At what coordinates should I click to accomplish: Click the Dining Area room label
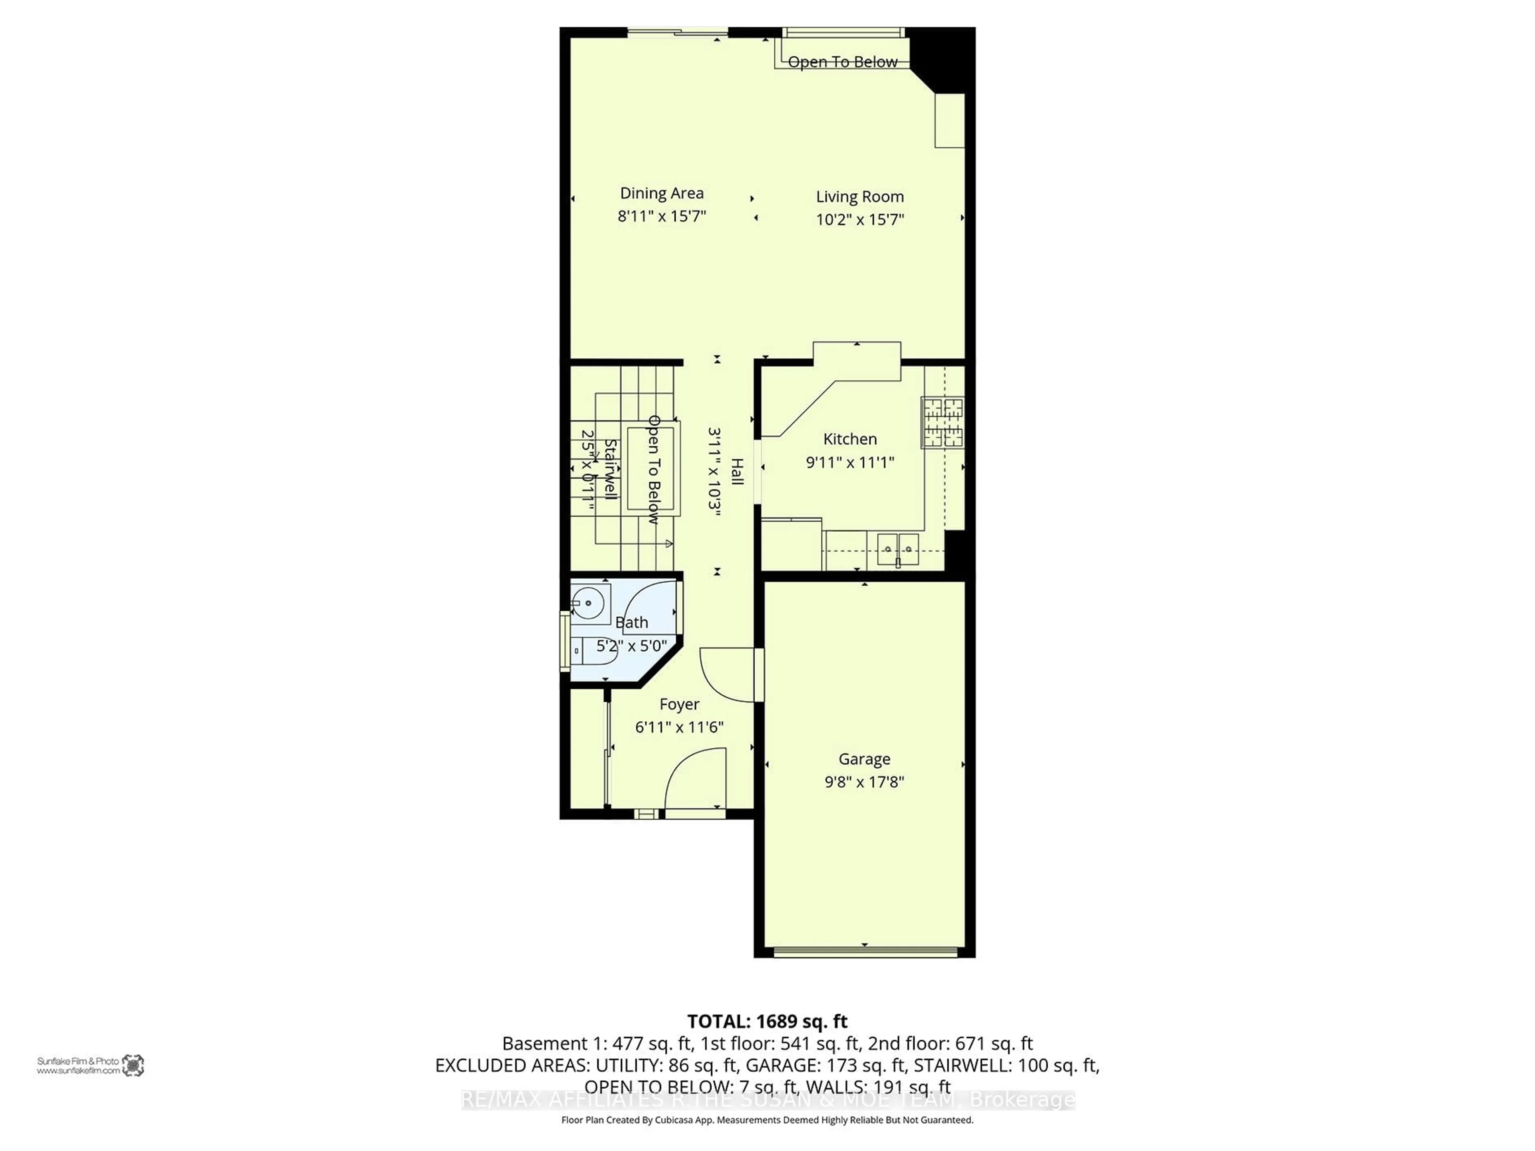661,193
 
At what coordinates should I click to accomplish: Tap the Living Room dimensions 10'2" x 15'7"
860,219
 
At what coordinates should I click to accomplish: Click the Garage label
864,759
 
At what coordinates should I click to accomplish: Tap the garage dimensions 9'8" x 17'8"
864,782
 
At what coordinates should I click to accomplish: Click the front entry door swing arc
694,778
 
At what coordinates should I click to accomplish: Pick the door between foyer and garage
729,673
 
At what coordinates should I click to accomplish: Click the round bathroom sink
588,602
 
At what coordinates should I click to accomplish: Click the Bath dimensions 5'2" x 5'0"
632,646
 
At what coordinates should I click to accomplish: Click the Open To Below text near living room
842,62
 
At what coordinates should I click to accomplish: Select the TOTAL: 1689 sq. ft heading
767,1021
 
